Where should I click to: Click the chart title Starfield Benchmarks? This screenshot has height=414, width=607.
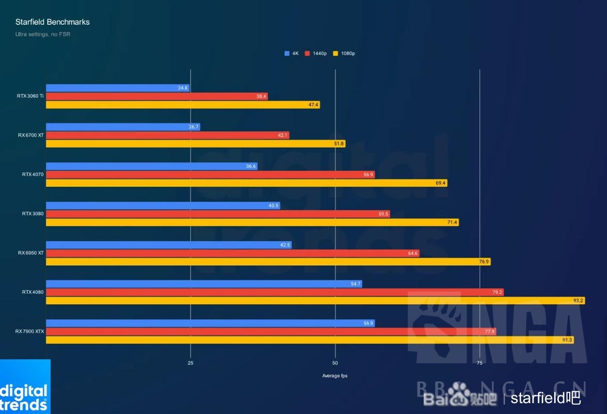(x=52, y=22)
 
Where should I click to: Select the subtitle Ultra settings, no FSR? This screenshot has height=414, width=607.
(x=42, y=34)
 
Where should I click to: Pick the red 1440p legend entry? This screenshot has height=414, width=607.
(x=316, y=53)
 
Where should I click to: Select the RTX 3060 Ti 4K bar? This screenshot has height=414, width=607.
(x=118, y=88)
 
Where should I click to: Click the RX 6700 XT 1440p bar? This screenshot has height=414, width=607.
(x=167, y=135)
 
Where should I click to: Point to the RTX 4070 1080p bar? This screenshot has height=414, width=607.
(x=246, y=183)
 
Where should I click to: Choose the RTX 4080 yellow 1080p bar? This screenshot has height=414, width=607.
(x=315, y=300)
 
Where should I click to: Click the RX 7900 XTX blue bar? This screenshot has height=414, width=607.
(x=210, y=323)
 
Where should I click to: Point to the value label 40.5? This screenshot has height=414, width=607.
(x=273, y=205)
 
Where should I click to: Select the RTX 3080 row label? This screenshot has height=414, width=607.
(x=33, y=213)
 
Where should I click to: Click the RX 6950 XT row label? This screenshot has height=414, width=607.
(x=31, y=253)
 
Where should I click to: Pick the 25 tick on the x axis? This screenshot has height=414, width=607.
(x=191, y=363)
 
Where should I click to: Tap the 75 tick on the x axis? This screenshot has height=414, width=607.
(x=480, y=363)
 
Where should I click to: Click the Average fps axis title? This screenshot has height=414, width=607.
(x=335, y=376)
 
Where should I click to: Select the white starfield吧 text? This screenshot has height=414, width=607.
(x=545, y=397)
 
